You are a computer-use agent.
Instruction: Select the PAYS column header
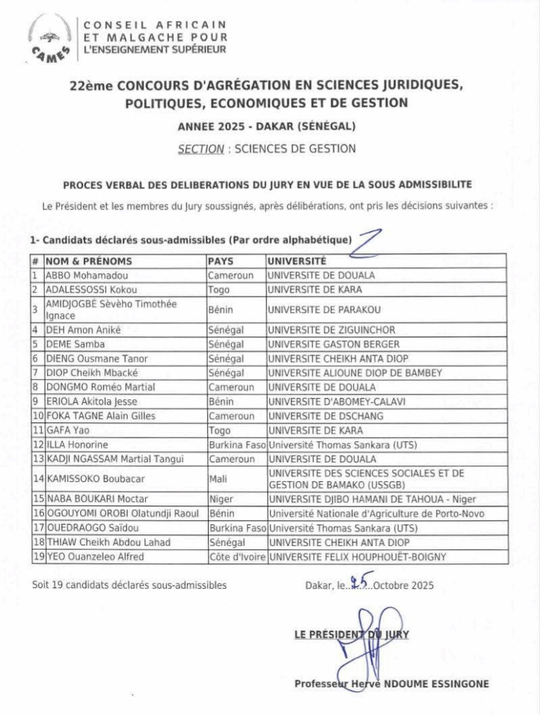pyautogui.click(x=221, y=260)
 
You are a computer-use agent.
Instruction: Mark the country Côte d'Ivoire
pyautogui.click(x=236, y=556)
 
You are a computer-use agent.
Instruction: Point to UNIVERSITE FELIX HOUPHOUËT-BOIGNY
pyautogui.click(x=356, y=556)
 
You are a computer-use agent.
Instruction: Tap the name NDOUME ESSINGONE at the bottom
pyautogui.click(x=434, y=684)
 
